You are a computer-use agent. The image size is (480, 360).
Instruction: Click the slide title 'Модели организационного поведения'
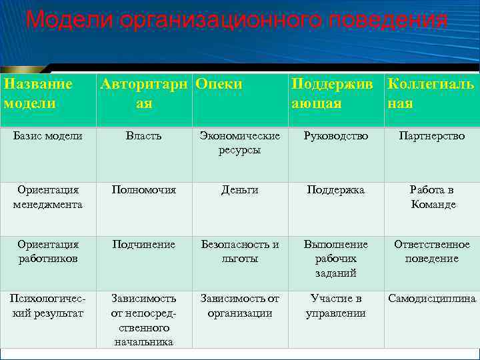(x=237, y=20)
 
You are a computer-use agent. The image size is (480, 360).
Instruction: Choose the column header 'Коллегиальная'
(x=431, y=94)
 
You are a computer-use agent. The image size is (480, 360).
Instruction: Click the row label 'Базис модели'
(x=48, y=136)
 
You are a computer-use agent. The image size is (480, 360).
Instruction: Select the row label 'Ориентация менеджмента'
(x=48, y=197)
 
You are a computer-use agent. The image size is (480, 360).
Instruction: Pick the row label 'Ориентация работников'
(x=48, y=251)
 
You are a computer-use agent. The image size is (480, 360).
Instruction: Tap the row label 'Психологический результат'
(x=48, y=306)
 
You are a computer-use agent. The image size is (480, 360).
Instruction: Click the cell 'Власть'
(x=144, y=136)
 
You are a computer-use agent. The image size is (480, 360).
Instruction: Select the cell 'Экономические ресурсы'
(x=240, y=143)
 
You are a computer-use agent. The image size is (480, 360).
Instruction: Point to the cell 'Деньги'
(x=240, y=191)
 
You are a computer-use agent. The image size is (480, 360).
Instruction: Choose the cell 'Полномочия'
(x=144, y=191)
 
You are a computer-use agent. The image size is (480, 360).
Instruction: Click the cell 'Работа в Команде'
(x=432, y=197)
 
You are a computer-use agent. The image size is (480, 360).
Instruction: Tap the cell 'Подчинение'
(x=144, y=245)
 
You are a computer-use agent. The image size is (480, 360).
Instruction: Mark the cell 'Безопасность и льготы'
(x=240, y=251)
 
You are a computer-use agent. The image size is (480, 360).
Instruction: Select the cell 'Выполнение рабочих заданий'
(x=336, y=259)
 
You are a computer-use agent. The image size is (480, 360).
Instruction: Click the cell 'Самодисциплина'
(x=432, y=299)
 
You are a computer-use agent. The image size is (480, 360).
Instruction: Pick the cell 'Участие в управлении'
(x=336, y=306)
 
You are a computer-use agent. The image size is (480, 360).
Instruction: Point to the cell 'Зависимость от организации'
(x=240, y=306)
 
